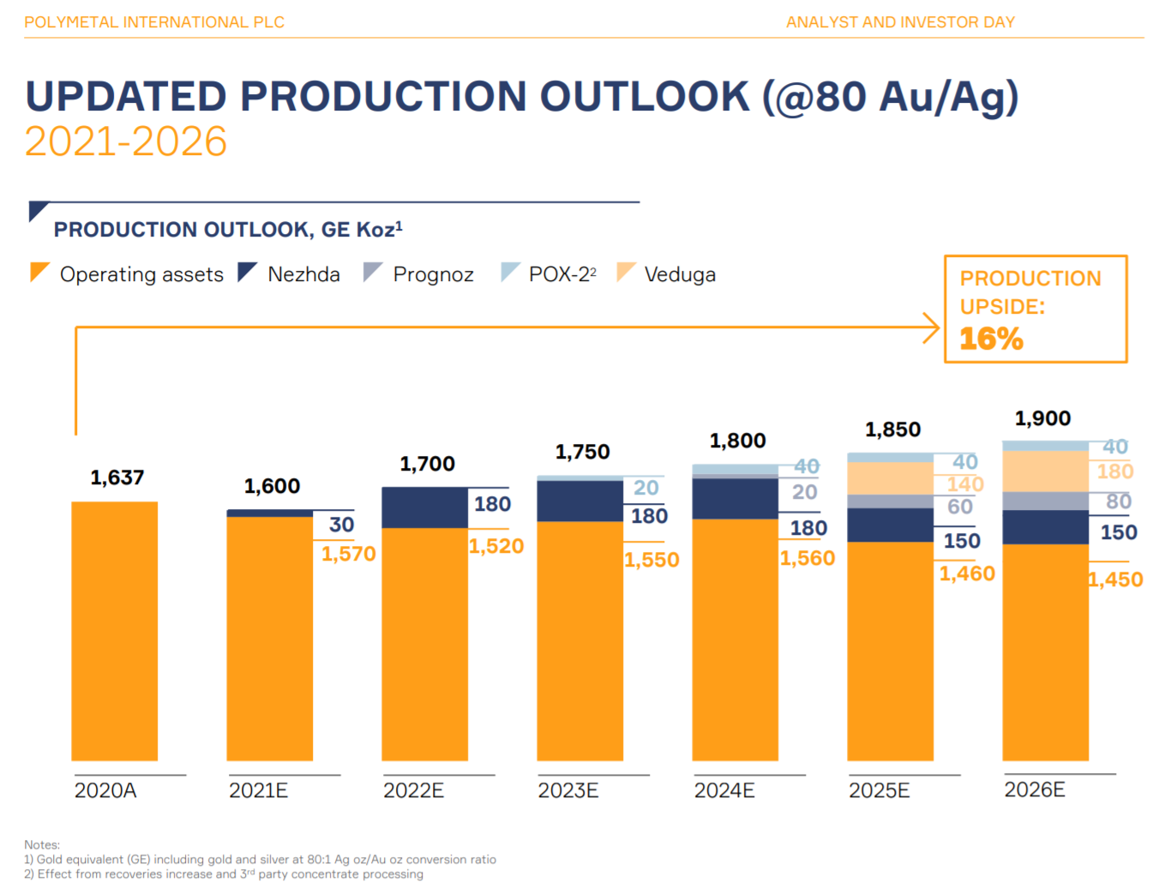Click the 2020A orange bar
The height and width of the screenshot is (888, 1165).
coord(114,630)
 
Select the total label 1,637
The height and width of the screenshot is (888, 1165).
coord(117,477)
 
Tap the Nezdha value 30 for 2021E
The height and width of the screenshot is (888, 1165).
coord(341,525)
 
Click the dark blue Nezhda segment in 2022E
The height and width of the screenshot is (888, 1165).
coord(424,507)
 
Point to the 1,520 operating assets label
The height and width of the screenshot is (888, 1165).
coord(496,546)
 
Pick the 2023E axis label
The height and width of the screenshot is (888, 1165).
coord(567,790)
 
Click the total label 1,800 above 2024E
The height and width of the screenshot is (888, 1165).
coord(737,441)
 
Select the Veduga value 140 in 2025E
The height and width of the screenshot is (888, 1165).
coord(965,484)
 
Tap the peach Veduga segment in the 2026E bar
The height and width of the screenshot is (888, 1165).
coord(1045,471)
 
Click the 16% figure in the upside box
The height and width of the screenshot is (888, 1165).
coord(991,339)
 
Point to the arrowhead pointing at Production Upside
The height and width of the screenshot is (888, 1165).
coord(932,327)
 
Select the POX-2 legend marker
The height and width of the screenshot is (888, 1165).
coord(510,272)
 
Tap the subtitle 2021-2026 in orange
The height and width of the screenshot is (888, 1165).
coord(126,141)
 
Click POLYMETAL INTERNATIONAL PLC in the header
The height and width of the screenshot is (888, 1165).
coord(154,22)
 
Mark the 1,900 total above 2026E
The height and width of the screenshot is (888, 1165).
coord(1042,418)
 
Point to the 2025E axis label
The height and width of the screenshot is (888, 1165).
coord(879,790)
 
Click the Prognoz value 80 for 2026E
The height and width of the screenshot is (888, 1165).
coord(1118,501)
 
